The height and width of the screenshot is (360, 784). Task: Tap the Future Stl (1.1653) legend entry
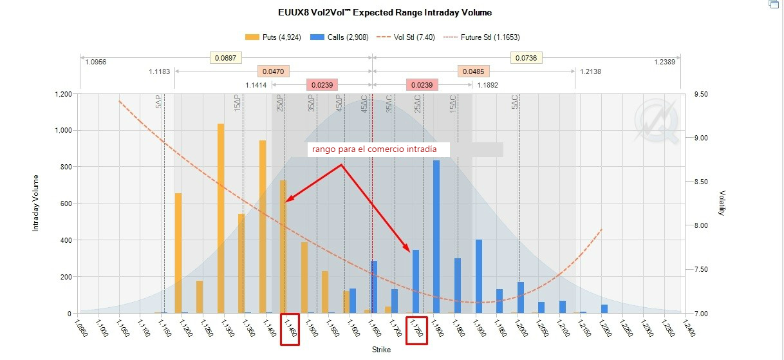click(485, 37)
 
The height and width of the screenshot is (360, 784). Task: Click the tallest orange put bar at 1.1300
click(221, 219)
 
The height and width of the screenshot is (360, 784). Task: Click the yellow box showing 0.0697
click(225, 59)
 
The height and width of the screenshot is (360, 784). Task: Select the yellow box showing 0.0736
click(527, 59)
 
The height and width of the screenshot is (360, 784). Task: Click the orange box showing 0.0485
click(474, 71)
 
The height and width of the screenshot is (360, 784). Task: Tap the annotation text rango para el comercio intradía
click(375, 149)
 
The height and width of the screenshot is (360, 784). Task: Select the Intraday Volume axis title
click(37, 203)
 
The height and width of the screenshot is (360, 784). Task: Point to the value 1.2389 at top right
click(664, 62)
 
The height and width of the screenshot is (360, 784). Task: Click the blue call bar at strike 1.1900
click(479, 276)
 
